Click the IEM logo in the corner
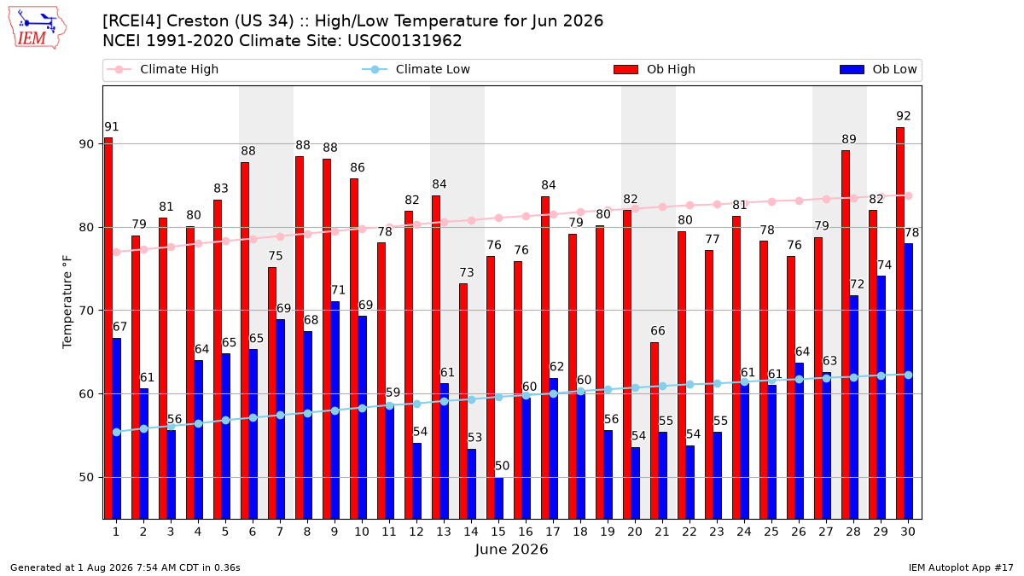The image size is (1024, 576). coord(38,28)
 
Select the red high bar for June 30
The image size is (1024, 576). coord(900,323)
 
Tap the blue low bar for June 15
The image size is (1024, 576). coord(498,498)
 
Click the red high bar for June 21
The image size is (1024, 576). coord(655,431)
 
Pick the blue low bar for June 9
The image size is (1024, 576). coord(335,410)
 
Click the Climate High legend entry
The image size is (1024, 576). coord(163,69)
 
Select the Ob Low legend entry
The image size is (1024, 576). coord(878,69)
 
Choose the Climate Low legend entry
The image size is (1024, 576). coord(416,69)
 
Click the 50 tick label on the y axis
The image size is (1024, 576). coord(86,477)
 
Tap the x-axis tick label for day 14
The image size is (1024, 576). coord(471,532)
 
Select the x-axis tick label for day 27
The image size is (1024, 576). coord(826,532)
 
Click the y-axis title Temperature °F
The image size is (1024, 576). coord(67,302)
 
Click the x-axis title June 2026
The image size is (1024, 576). coord(511,550)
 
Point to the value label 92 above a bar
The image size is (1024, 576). coord(904,116)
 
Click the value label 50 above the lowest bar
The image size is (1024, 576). coord(502,466)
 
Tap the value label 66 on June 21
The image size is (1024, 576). coord(658,331)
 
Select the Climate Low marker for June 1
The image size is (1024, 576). coord(117,432)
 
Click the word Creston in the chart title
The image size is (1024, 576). coord(197,21)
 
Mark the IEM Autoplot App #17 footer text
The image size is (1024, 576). coord(961,567)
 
